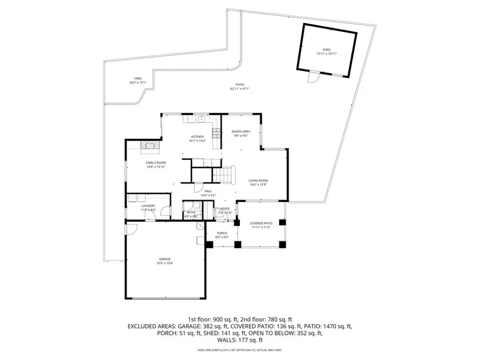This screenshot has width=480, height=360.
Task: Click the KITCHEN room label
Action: [197, 137]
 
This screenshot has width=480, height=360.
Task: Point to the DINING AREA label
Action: [241, 131]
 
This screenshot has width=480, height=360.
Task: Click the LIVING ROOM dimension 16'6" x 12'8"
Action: [258, 185]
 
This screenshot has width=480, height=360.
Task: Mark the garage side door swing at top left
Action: [131, 229]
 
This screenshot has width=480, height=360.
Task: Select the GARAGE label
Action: [164, 259]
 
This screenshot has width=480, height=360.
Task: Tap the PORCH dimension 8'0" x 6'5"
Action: [221, 237]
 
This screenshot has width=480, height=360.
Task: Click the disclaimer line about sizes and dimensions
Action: [239, 350]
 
